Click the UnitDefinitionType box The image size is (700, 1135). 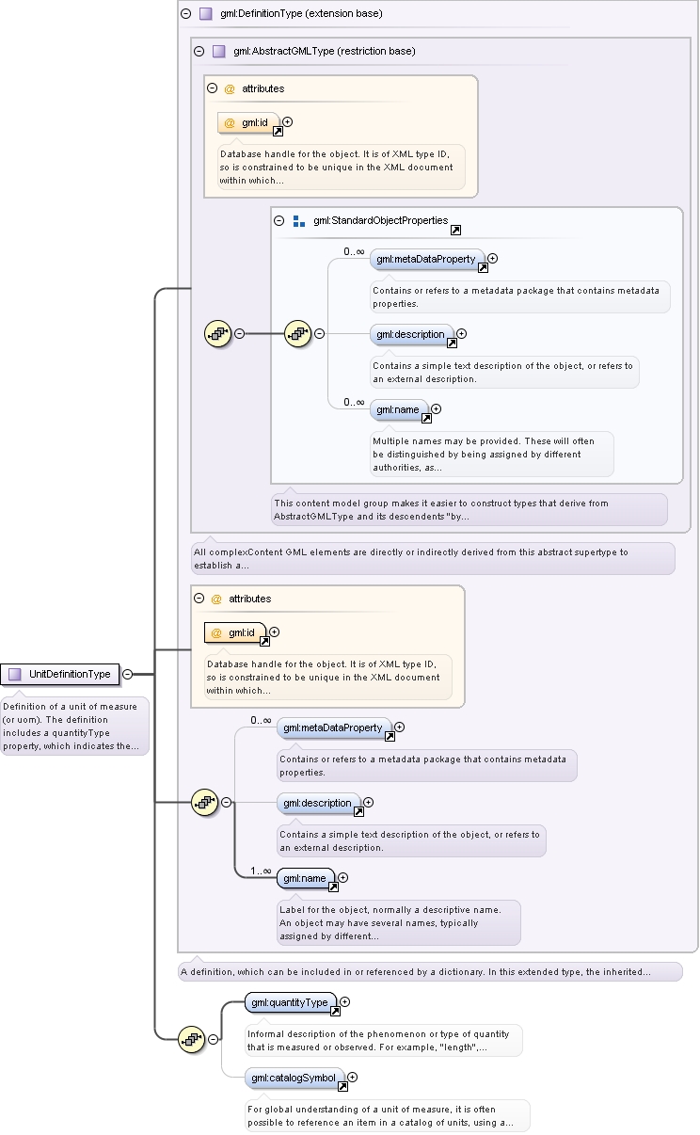60,674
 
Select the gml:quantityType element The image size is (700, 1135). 290,1002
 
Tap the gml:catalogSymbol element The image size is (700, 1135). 294,1078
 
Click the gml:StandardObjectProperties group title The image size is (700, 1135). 380,220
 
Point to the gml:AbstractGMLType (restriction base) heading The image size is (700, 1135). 325,51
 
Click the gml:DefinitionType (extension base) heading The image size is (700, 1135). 301,14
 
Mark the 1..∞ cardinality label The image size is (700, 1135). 261,871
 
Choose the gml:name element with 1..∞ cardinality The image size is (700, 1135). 306,878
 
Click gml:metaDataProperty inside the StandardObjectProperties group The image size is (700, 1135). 427,259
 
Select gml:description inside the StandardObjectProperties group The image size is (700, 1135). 411,334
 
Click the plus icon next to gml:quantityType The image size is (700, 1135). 345,1001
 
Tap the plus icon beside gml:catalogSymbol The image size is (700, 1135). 353,1078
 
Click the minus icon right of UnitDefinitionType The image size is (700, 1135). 128,675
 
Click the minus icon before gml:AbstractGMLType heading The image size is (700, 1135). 199,51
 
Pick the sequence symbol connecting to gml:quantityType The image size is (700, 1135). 191,1039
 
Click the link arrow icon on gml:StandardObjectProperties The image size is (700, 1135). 456,230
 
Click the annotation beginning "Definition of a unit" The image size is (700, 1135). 74,727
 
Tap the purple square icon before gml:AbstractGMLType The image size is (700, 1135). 219,51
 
